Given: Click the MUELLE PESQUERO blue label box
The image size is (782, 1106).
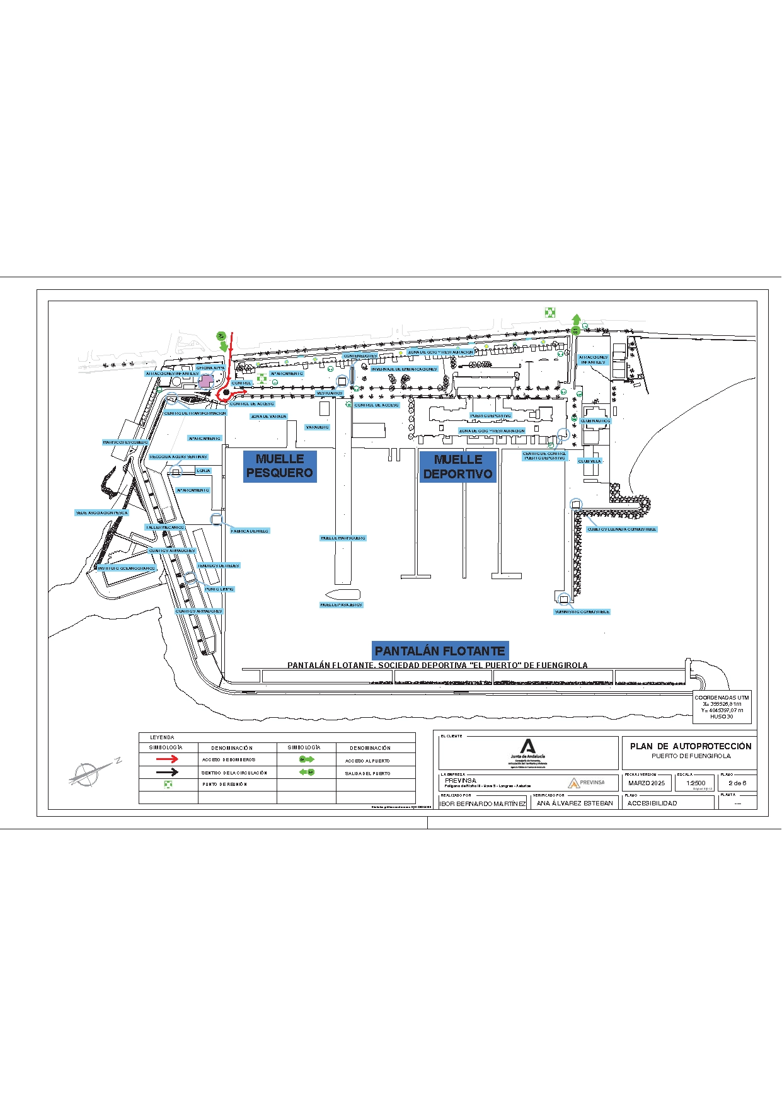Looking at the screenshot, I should [x=280, y=466].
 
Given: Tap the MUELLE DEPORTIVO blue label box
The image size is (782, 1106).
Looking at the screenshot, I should [x=458, y=467].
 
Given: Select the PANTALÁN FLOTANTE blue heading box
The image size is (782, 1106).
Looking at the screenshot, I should [x=440, y=651].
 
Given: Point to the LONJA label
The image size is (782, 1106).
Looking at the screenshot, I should [x=203, y=471].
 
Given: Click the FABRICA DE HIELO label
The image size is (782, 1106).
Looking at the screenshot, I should [x=250, y=531].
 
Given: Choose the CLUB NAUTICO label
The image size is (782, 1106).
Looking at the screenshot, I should [x=595, y=421].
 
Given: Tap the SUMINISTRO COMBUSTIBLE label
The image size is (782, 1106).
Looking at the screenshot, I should [x=582, y=612].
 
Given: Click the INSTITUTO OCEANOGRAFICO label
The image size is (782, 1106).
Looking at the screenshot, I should [x=126, y=568].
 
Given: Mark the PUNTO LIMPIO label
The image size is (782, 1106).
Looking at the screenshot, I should [x=219, y=589].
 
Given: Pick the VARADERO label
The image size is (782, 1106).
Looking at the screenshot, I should [x=318, y=427].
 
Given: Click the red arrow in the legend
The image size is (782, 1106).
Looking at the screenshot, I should [x=167, y=759].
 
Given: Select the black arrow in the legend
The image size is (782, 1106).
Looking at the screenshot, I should [x=167, y=772].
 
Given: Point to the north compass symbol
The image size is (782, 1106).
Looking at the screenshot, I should [x=88, y=773].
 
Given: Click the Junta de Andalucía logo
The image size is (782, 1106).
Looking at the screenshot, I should [x=528, y=752].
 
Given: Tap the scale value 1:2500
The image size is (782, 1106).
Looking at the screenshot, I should [x=696, y=783].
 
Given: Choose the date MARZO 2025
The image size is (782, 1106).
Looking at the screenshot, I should [x=647, y=783].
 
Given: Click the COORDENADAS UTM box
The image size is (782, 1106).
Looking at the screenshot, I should [x=722, y=707].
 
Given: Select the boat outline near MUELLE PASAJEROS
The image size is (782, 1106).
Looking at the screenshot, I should [x=343, y=594].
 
